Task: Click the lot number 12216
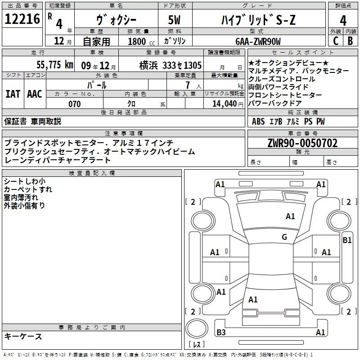22,19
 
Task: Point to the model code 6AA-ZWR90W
258,42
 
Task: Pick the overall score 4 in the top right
343,20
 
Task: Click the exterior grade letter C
336,41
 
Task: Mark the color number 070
74,104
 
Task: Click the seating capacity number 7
186,85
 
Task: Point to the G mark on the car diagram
284,237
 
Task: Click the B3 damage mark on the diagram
221,333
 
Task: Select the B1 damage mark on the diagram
347,240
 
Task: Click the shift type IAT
13,94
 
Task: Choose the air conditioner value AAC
34,94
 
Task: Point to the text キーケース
23,336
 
